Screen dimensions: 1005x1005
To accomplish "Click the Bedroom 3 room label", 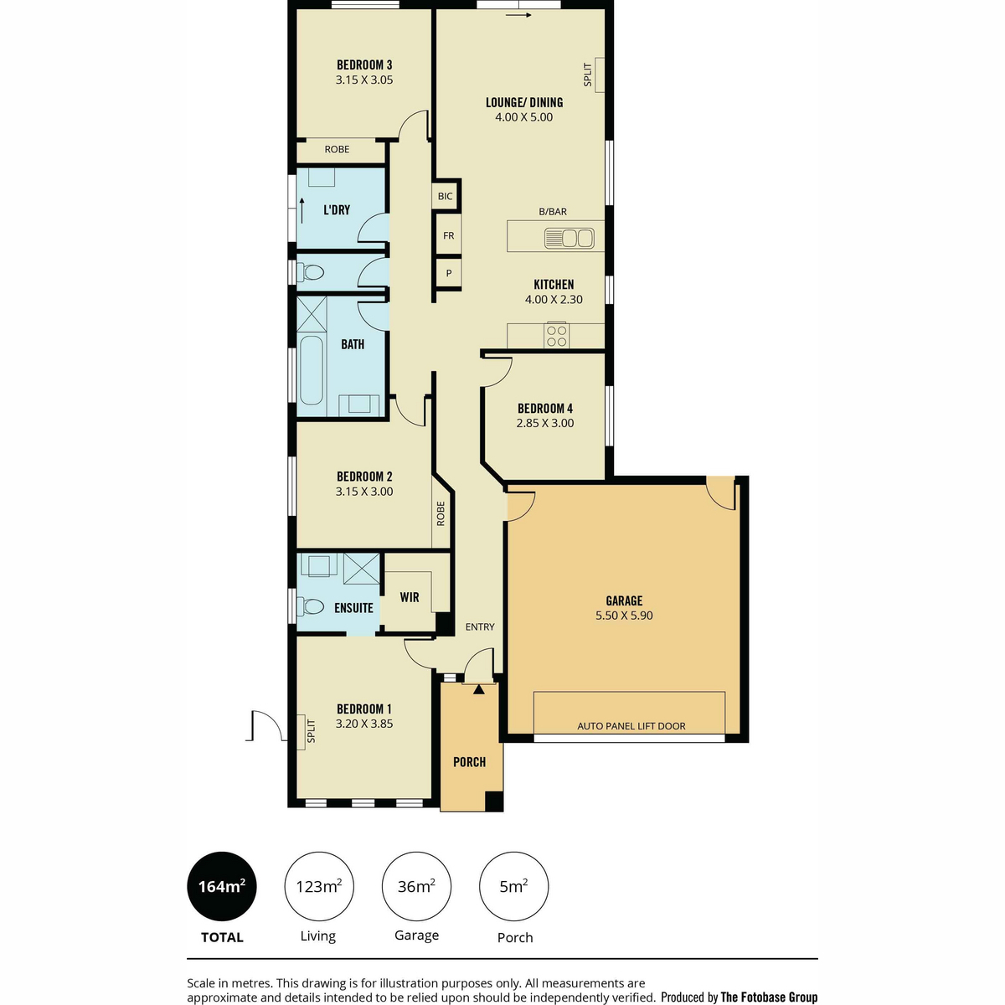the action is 364,65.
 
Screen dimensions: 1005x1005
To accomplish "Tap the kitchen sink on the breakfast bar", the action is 569,239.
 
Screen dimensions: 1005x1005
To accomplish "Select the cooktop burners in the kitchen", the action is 556,336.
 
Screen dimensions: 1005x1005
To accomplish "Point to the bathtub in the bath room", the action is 312,370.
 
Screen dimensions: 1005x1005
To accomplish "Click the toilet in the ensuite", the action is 310,606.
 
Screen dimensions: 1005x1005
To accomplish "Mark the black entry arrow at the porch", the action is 478,690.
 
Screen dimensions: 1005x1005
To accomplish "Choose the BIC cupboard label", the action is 445,196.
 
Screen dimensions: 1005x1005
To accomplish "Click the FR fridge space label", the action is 449,235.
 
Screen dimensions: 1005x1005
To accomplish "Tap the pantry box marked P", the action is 449,273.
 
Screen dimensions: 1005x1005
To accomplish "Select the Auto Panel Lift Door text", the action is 631,726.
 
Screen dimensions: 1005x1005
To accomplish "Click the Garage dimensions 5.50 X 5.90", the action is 624,616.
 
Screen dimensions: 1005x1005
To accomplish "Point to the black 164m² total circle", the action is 222,887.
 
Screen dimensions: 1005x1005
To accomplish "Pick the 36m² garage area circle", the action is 416,887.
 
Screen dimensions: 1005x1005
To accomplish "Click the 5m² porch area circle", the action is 513,887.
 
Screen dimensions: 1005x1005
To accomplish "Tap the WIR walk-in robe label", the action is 410,597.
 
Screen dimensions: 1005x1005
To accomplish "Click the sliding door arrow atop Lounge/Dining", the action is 518,15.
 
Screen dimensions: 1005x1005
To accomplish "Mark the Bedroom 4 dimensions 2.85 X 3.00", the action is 545,424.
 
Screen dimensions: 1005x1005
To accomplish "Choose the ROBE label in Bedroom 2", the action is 441,513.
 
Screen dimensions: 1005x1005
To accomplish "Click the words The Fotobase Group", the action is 769,997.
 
